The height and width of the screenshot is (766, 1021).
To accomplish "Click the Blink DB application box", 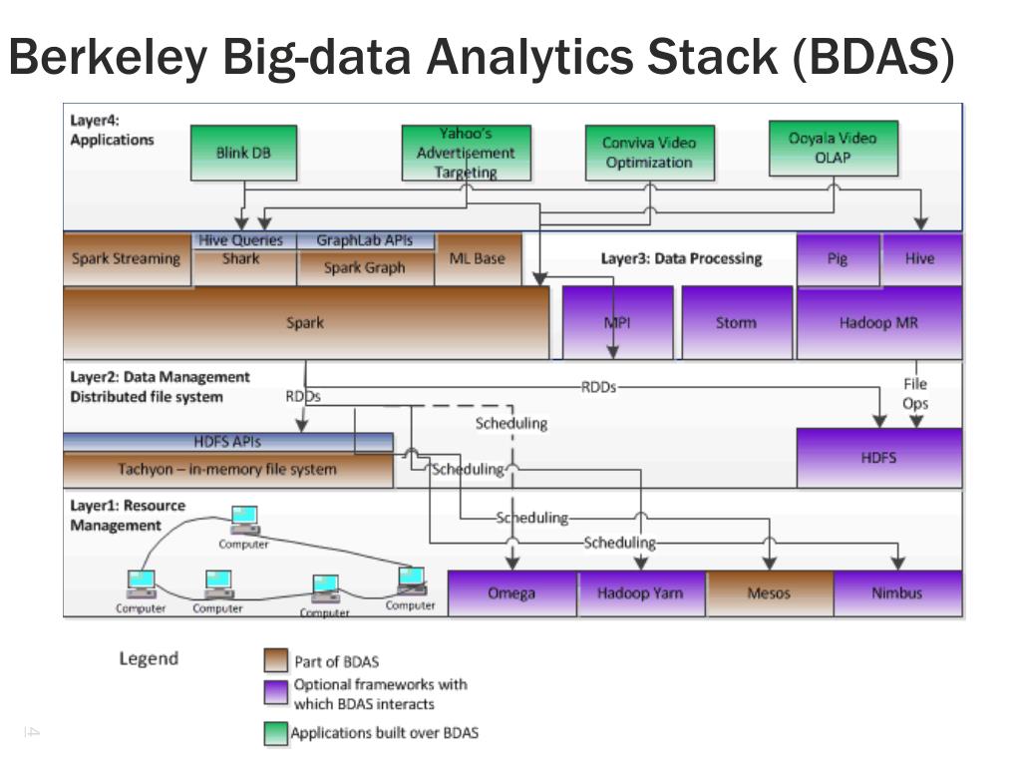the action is click(243, 153).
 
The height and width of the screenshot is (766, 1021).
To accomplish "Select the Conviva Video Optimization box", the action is click(650, 153).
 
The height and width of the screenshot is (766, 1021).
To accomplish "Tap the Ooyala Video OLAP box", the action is click(834, 149).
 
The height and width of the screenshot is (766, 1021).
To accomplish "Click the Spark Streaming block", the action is click(127, 259).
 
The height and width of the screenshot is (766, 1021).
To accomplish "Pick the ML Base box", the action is click(478, 259).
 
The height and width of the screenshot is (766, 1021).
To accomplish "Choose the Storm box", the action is click(737, 322).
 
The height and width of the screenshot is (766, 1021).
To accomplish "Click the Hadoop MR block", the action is click(879, 322).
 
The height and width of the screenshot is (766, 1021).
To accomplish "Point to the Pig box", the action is click(838, 259).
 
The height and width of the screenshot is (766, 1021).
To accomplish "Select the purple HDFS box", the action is click(879, 457).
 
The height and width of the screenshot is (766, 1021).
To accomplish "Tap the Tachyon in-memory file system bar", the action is click(228, 470).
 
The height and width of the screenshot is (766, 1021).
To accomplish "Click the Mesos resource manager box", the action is click(769, 593).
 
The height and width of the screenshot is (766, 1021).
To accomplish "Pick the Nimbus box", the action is click(897, 593).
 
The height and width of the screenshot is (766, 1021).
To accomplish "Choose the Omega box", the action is click(511, 593).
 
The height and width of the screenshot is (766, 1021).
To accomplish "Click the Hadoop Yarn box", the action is click(641, 593).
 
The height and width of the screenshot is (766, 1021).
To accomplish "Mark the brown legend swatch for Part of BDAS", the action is click(275, 660).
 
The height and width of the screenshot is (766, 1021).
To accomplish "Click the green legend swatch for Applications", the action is click(275, 733).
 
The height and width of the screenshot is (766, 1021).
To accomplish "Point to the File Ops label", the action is click(915, 393).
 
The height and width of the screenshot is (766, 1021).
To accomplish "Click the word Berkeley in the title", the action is click(108, 57).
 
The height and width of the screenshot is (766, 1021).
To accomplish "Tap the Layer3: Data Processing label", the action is click(681, 258).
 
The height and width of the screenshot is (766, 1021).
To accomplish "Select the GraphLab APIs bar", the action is click(365, 240).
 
